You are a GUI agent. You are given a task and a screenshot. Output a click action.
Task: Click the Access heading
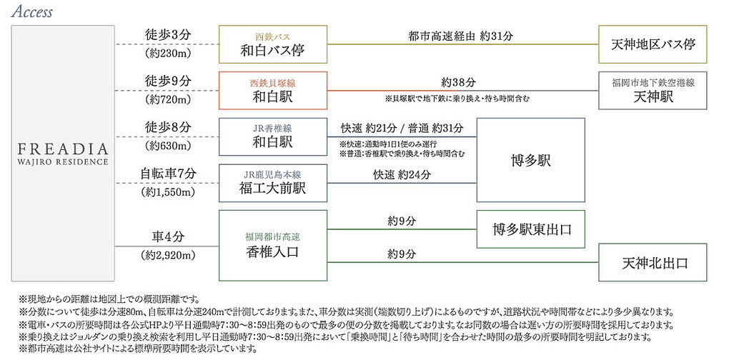coord(31,12)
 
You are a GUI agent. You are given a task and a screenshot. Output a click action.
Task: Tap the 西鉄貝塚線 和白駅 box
coord(272,90)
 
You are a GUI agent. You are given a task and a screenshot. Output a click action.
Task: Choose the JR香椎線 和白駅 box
coord(272,136)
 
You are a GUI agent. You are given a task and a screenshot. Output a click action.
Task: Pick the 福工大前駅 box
coord(272,182)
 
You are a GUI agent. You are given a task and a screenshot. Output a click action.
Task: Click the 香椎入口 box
coord(272,245)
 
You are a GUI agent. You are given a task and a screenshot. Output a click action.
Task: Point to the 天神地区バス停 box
coord(653,44)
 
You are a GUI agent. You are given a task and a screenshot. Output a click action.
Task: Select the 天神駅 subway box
coord(653,90)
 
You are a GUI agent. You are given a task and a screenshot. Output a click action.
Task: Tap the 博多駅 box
coord(530,159)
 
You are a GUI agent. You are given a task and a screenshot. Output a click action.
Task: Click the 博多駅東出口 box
coord(530,229)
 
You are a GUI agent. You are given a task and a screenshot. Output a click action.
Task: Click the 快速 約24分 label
coord(402,174)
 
